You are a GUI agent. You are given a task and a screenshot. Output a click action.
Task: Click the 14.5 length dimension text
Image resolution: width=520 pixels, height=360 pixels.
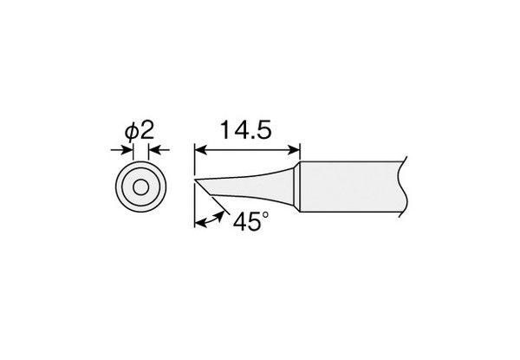click(246, 130)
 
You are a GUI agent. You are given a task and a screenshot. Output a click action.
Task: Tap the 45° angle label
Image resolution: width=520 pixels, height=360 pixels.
click(251, 221)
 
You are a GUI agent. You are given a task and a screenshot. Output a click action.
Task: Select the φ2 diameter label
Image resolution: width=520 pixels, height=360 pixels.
click(140, 131)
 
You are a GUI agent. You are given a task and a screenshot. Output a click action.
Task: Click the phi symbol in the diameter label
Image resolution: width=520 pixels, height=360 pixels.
click(131, 132)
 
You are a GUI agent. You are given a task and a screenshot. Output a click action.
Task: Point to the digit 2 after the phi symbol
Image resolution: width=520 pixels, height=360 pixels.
click(147, 130)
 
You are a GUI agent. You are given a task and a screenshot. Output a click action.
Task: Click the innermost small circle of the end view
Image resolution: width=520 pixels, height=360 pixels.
click(140, 187)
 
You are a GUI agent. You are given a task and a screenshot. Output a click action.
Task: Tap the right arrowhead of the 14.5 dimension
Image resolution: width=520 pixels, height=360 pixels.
click(294, 150)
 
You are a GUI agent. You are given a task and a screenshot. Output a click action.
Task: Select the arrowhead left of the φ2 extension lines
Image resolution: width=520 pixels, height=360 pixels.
click(127, 150)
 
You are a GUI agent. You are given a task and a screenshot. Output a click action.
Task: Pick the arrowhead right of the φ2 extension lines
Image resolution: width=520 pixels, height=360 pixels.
click(154, 150)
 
